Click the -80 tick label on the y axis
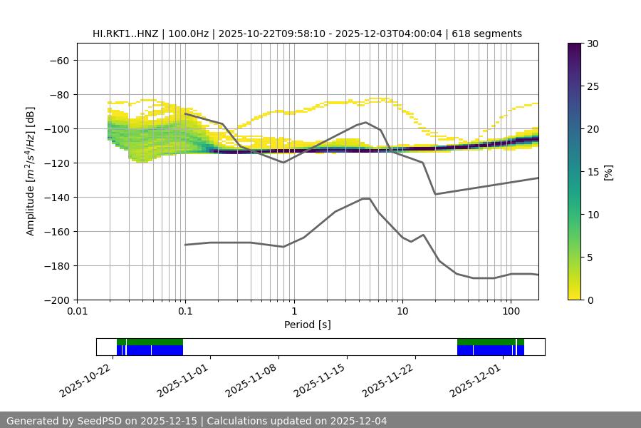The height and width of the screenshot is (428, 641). pyautogui.click(x=58, y=94)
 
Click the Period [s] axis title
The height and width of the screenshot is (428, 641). pyautogui.click(x=308, y=325)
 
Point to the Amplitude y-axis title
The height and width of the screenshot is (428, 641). pyautogui.click(x=31, y=171)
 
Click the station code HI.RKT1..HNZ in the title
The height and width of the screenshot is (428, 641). pyautogui.click(x=125, y=34)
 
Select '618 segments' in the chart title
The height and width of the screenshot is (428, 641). pyautogui.click(x=487, y=34)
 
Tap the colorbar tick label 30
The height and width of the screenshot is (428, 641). pyautogui.click(x=593, y=44)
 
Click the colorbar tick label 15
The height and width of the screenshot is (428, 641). pyautogui.click(x=593, y=172)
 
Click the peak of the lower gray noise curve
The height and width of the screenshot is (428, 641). pyautogui.click(x=366, y=198)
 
